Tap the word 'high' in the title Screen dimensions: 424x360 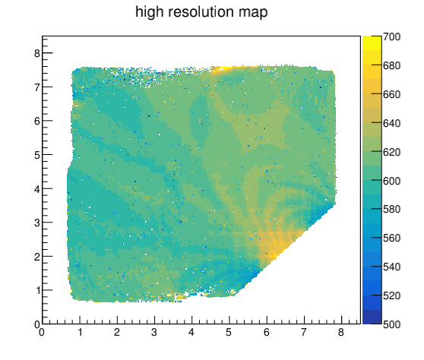tap(150, 13)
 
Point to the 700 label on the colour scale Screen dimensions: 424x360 tap(391, 36)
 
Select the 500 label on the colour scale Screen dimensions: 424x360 tap(391, 324)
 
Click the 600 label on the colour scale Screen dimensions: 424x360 tap(391, 181)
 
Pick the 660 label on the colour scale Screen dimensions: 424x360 tap(391, 94)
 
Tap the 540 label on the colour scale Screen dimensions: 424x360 tap(391, 267)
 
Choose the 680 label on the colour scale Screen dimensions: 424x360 tap(391, 65)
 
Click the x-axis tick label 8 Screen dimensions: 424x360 tap(341, 332)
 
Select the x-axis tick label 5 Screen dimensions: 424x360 tap(229, 332)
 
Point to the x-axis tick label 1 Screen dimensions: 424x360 tap(80, 332)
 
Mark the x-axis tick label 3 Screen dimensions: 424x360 tap(154, 332)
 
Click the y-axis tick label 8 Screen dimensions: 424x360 tap(37, 53)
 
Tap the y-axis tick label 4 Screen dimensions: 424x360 tap(37, 189)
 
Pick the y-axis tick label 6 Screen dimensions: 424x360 tap(37, 121)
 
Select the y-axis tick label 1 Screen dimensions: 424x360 tap(38, 291)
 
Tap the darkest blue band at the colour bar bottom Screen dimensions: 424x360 tap(372, 317)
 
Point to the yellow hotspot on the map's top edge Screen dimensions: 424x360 tap(223, 69)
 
